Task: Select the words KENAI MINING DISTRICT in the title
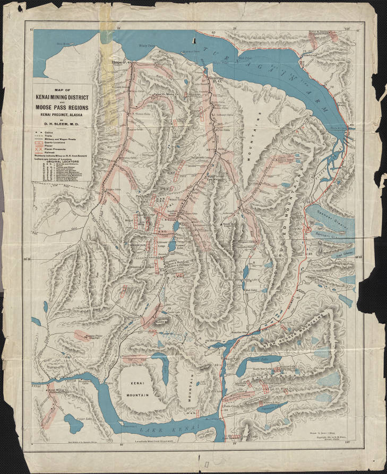coord(62,99)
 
